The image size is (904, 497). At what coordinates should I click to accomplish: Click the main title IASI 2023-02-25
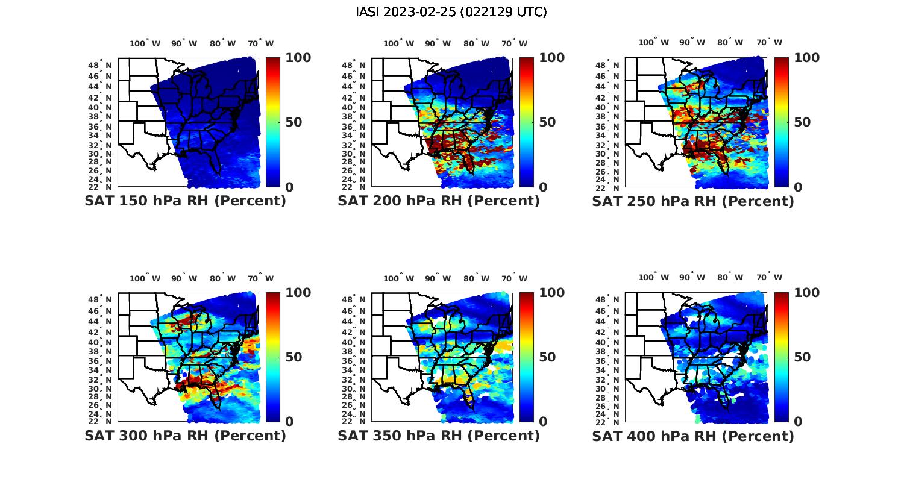(451, 12)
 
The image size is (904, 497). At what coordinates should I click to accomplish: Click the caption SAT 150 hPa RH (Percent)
(185, 201)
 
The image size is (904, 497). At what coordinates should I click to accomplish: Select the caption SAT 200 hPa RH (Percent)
(439, 201)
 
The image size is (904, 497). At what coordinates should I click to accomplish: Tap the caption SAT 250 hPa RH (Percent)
(693, 201)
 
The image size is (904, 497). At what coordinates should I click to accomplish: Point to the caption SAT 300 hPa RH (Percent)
(185, 436)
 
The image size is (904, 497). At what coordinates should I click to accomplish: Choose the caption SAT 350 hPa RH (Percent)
(439, 436)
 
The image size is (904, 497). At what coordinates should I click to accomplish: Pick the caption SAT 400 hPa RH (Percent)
(693, 436)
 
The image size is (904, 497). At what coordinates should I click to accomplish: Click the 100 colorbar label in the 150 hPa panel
(298, 58)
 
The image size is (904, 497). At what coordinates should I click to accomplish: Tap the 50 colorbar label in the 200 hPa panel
(547, 122)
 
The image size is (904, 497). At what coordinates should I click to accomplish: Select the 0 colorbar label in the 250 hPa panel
(798, 187)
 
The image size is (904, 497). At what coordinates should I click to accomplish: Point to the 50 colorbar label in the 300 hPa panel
(293, 357)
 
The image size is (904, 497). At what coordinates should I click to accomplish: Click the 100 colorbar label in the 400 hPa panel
(806, 293)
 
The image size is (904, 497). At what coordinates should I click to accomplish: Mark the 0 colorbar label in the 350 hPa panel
(543, 422)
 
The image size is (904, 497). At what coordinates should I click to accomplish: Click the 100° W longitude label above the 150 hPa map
(145, 43)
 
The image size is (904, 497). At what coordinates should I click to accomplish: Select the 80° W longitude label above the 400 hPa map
(730, 278)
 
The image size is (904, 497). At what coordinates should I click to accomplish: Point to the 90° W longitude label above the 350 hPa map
(438, 278)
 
